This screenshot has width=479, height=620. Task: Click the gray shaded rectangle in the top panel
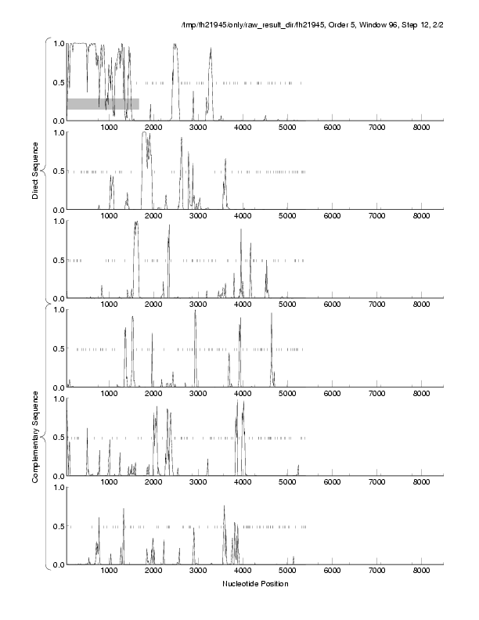click(x=103, y=103)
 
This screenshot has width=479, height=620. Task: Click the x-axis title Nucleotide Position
click(x=255, y=583)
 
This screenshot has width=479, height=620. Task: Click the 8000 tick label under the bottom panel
click(x=422, y=571)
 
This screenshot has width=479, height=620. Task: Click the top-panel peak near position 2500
click(x=175, y=45)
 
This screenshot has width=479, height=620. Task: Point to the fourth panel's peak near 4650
click(x=272, y=315)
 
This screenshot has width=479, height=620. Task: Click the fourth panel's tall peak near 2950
click(x=195, y=312)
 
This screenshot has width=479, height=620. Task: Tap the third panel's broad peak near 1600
click(x=135, y=223)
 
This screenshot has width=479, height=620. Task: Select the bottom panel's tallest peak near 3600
click(x=224, y=506)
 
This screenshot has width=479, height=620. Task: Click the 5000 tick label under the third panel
click(x=287, y=305)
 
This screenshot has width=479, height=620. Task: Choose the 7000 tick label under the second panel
click(x=377, y=216)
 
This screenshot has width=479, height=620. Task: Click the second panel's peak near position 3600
click(x=225, y=160)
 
